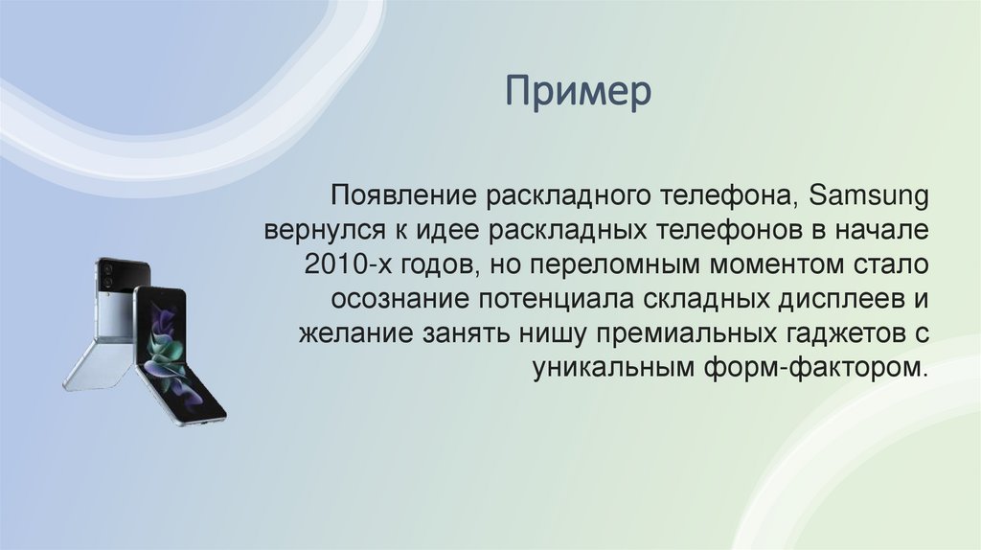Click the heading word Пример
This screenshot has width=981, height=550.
click(x=580, y=93)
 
